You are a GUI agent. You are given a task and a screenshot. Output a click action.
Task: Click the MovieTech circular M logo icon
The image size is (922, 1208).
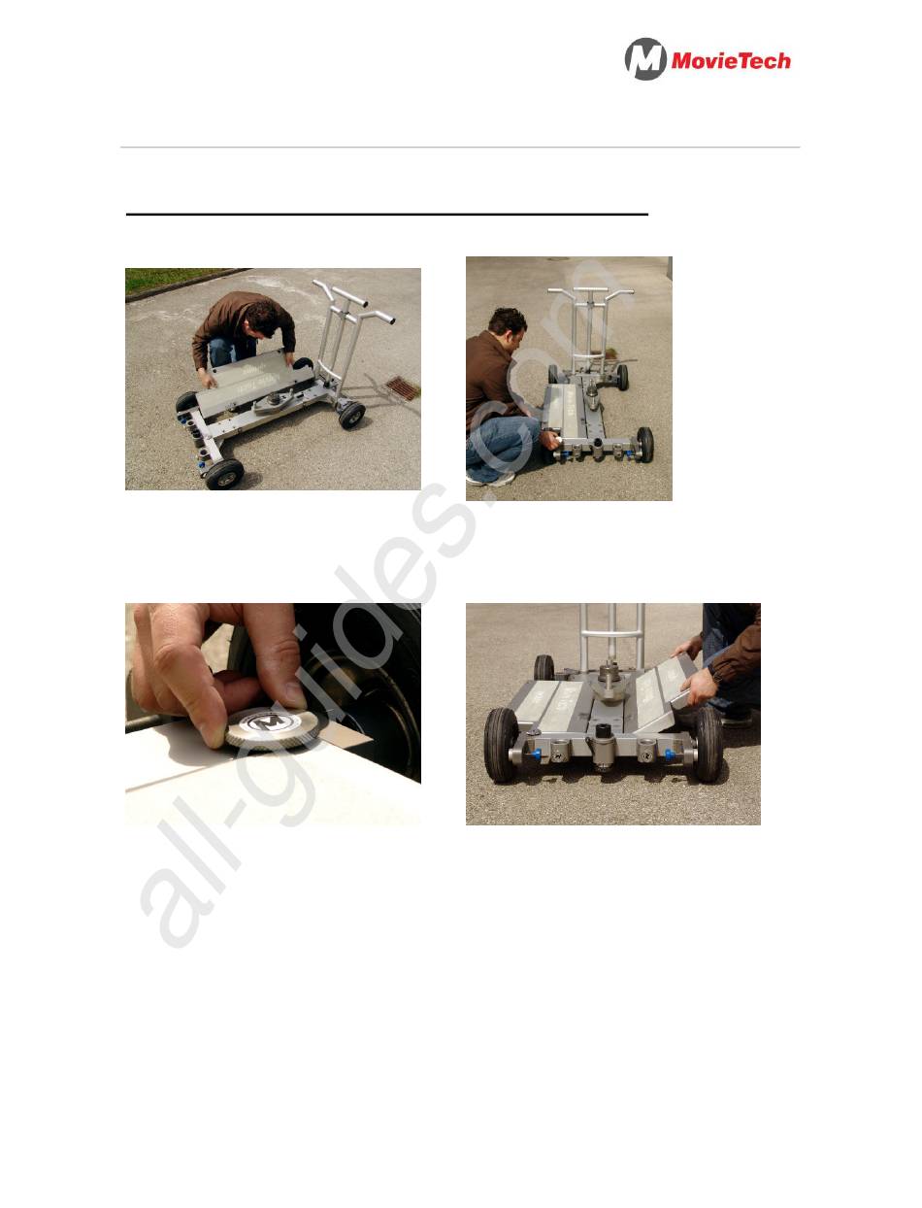tap(645, 59)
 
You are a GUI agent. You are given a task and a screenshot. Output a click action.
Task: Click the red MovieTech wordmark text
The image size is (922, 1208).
tap(731, 60)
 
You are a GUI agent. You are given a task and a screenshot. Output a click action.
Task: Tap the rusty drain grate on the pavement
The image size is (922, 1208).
tap(403, 388)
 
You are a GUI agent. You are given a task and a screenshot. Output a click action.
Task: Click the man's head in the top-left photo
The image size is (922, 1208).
tap(262, 319)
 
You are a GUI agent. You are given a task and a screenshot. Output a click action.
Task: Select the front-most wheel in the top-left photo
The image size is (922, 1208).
tap(224, 474)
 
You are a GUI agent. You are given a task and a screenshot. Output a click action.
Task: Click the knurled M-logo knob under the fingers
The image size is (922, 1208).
tap(271, 727)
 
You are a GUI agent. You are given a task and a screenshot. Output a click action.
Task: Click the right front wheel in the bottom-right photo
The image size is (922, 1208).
tap(708, 744)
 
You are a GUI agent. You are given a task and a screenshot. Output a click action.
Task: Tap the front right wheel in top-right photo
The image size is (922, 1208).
tap(645, 445)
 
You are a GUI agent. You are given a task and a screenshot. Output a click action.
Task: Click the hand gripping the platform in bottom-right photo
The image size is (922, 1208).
tap(699, 686)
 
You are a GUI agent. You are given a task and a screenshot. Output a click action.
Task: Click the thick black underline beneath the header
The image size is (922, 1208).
tap(387, 214)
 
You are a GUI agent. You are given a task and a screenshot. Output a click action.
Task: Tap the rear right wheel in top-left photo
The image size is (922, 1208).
tap(352, 416)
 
